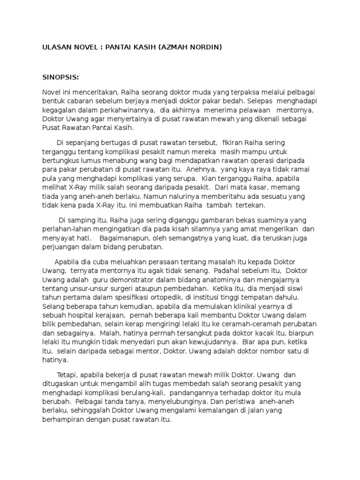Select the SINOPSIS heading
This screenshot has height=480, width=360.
pyautogui.click(x=61, y=76)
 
